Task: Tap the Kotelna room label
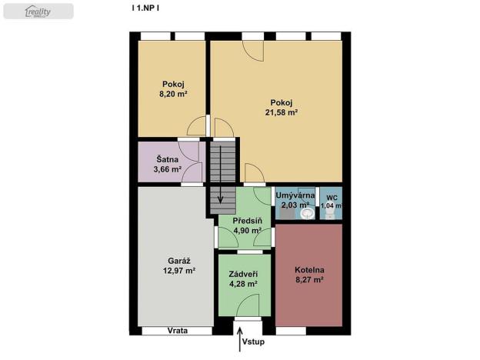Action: [309, 270]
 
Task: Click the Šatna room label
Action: [167, 159]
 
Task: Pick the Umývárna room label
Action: [295, 195]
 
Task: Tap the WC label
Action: [331, 196]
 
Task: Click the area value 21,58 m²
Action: [282, 112]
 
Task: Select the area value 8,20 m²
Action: [173, 93]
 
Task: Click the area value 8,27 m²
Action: [309, 280]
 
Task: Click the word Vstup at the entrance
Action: [253, 341]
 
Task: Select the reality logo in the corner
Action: [38, 11]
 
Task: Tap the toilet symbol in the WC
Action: [331, 215]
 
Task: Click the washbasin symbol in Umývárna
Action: [308, 215]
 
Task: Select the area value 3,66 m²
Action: [167, 169]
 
